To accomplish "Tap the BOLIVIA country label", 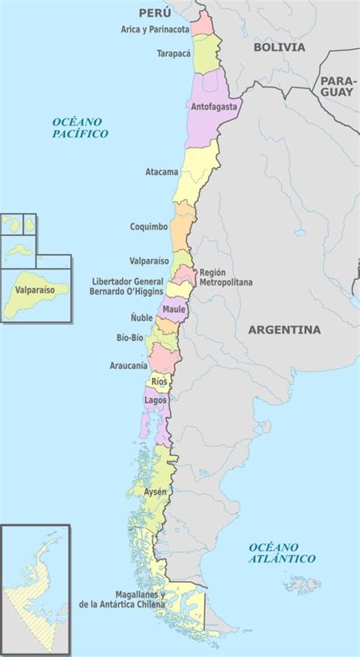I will (279, 47).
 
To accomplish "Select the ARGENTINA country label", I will (284, 330).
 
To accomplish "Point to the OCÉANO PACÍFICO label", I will (81, 128).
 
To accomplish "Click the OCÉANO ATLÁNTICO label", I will (281, 552).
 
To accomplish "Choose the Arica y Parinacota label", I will (155, 30).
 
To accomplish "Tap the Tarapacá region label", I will (173, 54).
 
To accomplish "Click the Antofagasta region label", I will (215, 107).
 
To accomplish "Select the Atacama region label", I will (162, 172).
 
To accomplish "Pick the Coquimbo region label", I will (149, 226).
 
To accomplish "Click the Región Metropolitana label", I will (226, 277).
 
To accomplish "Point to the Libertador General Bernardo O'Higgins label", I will (122, 285).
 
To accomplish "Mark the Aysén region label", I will (155, 492).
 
